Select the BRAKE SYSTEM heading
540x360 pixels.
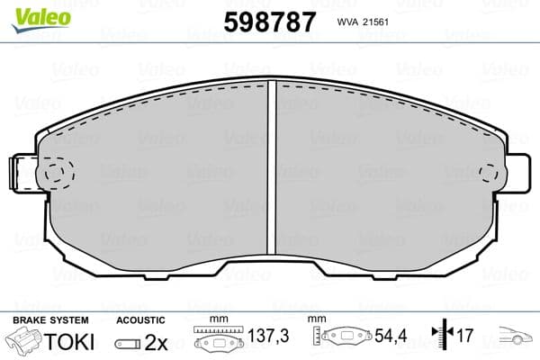coord(50,320)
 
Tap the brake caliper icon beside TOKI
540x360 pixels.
coord(25,343)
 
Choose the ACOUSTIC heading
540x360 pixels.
coord(140,320)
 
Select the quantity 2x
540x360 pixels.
coord(157,343)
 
